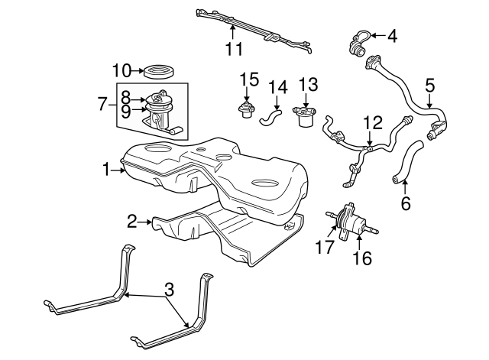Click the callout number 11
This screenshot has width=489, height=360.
(234, 49)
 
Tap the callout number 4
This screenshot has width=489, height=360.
(392, 34)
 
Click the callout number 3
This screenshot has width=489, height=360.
(169, 290)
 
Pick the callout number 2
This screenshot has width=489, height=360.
(132, 222)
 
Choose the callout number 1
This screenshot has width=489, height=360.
(107, 168)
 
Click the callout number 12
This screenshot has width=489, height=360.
(371, 122)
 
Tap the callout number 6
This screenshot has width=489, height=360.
(405, 204)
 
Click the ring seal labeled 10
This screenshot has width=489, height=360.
(160, 72)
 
